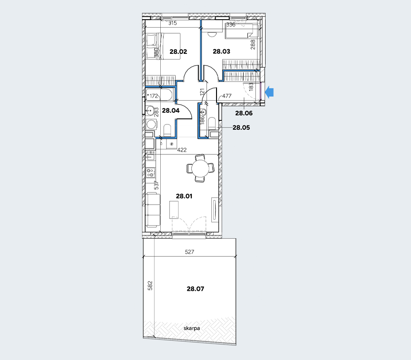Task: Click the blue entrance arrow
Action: (269, 92)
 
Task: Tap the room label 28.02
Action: (178, 51)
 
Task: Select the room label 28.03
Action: (222, 51)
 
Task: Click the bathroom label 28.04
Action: (171, 110)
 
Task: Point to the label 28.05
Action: (241, 127)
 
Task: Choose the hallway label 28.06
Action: (244, 113)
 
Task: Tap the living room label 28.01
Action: (184, 196)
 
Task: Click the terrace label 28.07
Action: (195, 289)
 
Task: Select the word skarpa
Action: (192, 328)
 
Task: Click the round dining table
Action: (200, 168)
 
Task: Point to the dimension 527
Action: (189, 252)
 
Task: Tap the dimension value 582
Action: (150, 286)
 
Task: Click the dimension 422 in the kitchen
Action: (182, 150)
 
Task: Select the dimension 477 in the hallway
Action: (227, 96)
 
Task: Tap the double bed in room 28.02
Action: (163, 47)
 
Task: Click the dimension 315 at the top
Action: (172, 23)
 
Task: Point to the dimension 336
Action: (231, 25)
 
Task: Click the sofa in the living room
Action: (153, 210)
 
